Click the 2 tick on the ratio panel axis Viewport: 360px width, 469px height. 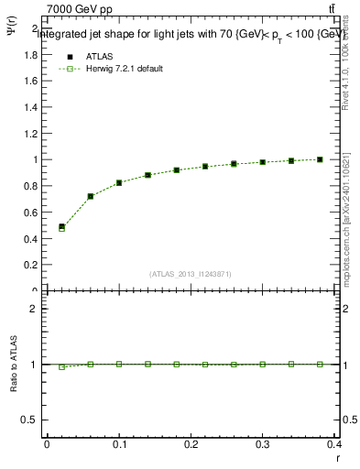pyautogui.click(x=34, y=310)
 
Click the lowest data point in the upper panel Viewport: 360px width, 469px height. pyautogui.click(x=61, y=227)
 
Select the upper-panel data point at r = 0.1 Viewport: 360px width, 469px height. pyautogui.click(x=119, y=183)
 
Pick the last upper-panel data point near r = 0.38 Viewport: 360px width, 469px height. pyautogui.click(x=320, y=159)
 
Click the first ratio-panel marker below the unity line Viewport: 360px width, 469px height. pyautogui.click(x=61, y=366)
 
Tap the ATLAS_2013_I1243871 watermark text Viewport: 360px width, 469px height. pyautogui.click(x=191, y=274)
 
